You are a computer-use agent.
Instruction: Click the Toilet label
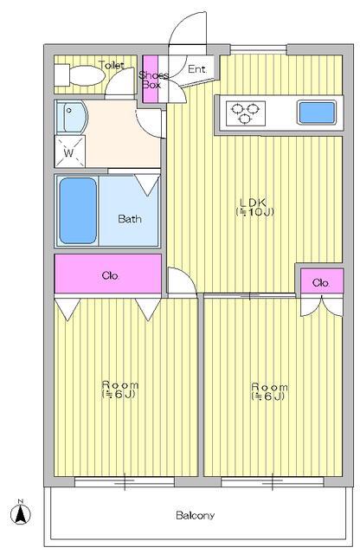click(x=112, y=65)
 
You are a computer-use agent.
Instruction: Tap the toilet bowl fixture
click(x=87, y=75)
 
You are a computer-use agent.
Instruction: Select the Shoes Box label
click(x=153, y=80)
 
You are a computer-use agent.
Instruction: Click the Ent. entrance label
click(x=196, y=69)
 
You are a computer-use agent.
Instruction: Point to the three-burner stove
click(x=246, y=113)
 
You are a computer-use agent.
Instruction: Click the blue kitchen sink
click(x=316, y=113)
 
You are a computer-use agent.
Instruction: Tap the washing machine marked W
click(x=70, y=152)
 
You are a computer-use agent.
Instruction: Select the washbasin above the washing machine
click(x=71, y=117)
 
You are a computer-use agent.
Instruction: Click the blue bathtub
click(x=78, y=210)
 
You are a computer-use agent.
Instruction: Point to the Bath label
click(x=130, y=219)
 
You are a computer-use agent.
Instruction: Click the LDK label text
click(x=253, y=207)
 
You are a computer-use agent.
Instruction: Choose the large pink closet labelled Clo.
click(x=108, y=274)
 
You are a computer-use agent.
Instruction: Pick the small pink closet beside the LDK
click(x=322, y=280)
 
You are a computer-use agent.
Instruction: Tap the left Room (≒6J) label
click(x=119, y=390)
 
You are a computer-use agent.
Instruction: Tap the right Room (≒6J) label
click(x=269, y=391)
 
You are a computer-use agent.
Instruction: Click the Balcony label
click(x=195, y=516)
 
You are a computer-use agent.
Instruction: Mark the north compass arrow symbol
click(x=21, y=512)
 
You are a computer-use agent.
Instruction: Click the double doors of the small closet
click(x=322, y=305)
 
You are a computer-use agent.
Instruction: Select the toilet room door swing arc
click(x=119, y=81)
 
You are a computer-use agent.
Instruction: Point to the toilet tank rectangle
click(x=62, y=75)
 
